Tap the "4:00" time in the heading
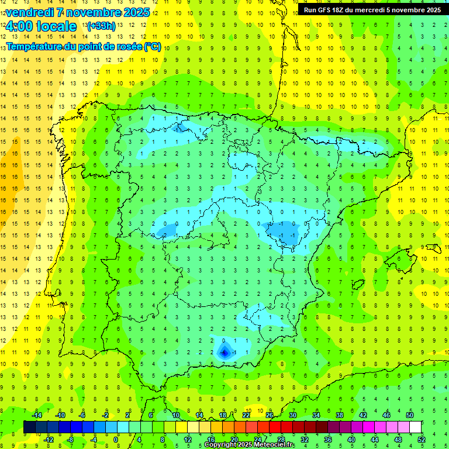click(18, 26)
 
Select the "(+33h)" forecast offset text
click(101, 26)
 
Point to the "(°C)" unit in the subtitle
click(152, 46)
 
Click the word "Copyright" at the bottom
click(220, 445)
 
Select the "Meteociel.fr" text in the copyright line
click(273, 445)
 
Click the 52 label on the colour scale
click(422, 440)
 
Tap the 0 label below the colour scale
click(116, 440)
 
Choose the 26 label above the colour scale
click(269, 415)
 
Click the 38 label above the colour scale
click(339, 415)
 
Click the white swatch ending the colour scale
click(415, 427)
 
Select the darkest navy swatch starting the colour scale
click(29, 427)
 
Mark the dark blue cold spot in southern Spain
click(224, 352)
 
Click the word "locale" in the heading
click(56, 26)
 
